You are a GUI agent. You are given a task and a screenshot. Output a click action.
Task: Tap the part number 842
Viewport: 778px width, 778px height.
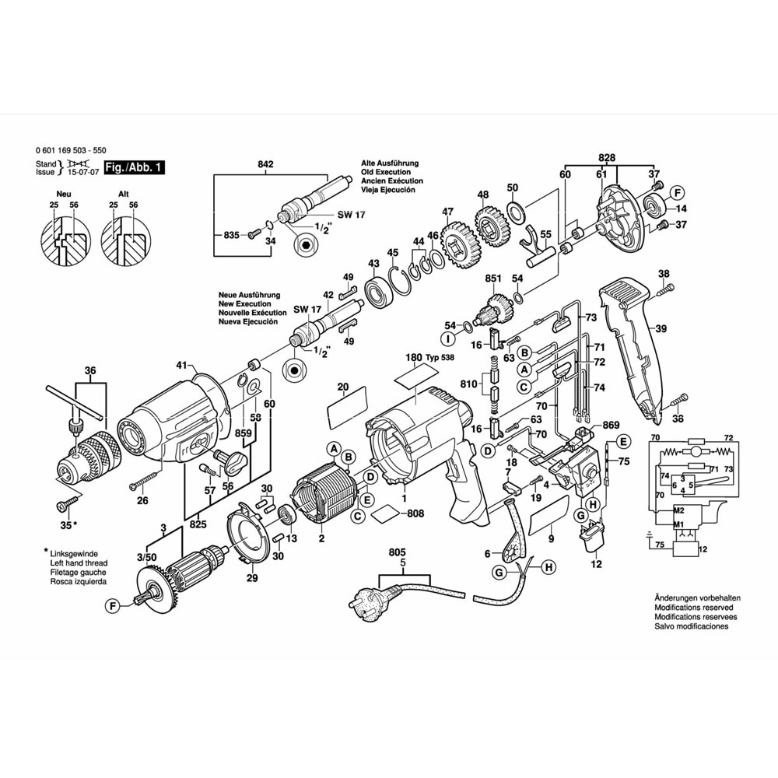click(266, 164)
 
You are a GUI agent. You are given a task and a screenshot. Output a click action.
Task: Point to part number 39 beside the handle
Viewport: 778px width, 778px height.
click(660, 329)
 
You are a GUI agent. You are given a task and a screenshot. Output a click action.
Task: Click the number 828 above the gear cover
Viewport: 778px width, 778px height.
click(608, 158)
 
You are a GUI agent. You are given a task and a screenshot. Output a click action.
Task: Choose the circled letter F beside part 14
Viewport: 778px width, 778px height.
click(677, 193)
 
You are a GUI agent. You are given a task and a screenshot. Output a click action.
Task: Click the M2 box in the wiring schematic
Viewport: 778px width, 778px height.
click(658, 510)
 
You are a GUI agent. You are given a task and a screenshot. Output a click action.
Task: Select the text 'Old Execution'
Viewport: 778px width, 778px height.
click(385, 172)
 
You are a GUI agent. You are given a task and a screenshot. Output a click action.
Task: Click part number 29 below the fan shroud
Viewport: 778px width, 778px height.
click(251, 578)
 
